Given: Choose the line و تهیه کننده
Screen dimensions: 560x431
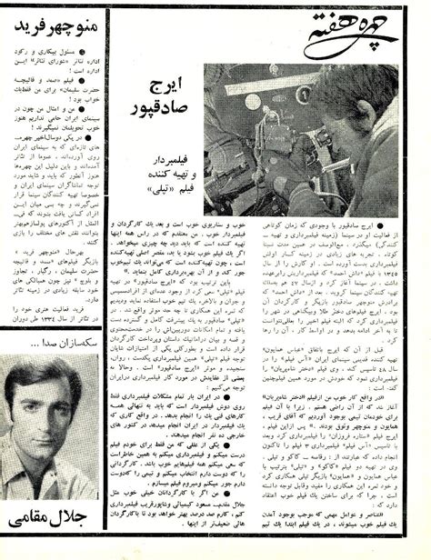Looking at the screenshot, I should pos(173,183).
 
